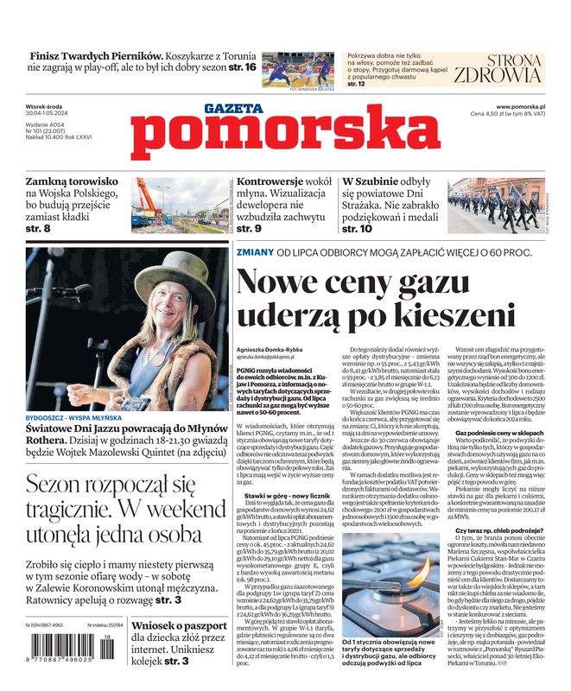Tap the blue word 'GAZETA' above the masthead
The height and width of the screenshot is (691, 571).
233,109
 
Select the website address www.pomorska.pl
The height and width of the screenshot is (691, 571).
526,105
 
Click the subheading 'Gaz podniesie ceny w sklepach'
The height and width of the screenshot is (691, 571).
504,432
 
